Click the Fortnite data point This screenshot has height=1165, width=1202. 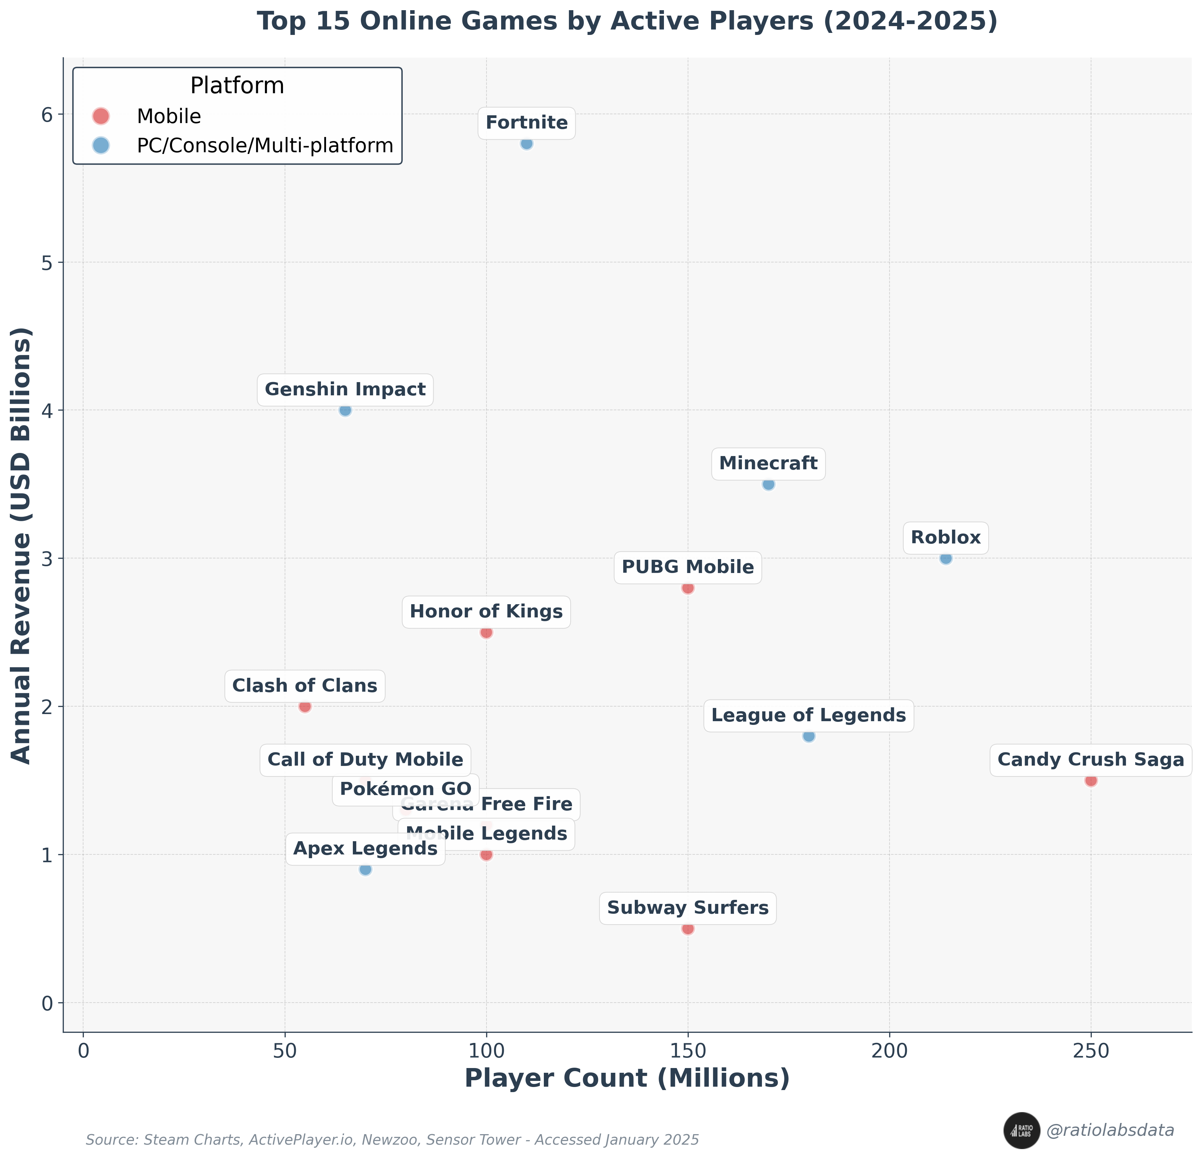point(526,143)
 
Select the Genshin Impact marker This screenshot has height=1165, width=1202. point(345,410)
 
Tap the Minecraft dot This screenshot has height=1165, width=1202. point(768,484)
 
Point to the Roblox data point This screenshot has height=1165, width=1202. point(946,558)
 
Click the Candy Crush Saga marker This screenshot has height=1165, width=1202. point(1090,780)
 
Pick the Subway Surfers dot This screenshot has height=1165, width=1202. point(687,928)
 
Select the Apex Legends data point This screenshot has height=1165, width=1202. point(365,869)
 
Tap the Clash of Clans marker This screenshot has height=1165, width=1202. point(305,706)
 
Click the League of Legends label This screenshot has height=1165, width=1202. point(808,715)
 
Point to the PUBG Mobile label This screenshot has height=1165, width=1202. point(687,567)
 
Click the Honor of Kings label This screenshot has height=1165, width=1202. point(486,612)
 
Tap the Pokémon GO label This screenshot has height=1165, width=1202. point(405,789)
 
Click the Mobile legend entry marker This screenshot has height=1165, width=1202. point(100,116)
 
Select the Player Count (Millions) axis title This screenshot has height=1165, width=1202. point(627,1095)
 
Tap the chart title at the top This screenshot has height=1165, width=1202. point(627,21)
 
